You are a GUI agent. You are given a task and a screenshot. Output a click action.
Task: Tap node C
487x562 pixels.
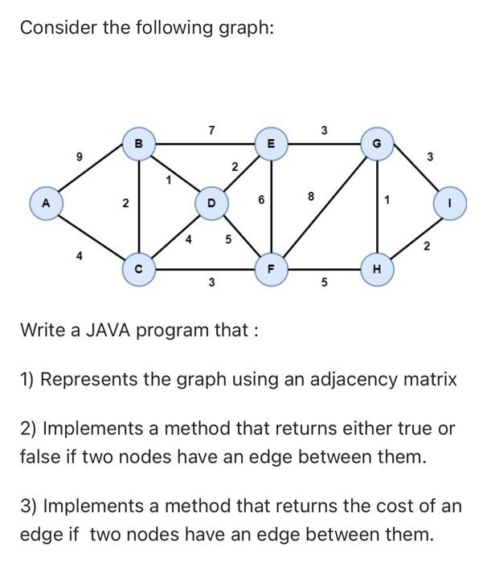coord(139,268)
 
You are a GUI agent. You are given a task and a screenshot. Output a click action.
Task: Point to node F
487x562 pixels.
coord(272,268)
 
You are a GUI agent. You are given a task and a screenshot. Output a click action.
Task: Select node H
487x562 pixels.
coord(379,268)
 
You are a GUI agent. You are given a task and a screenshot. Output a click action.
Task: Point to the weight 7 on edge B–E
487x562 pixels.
coord(211,129)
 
